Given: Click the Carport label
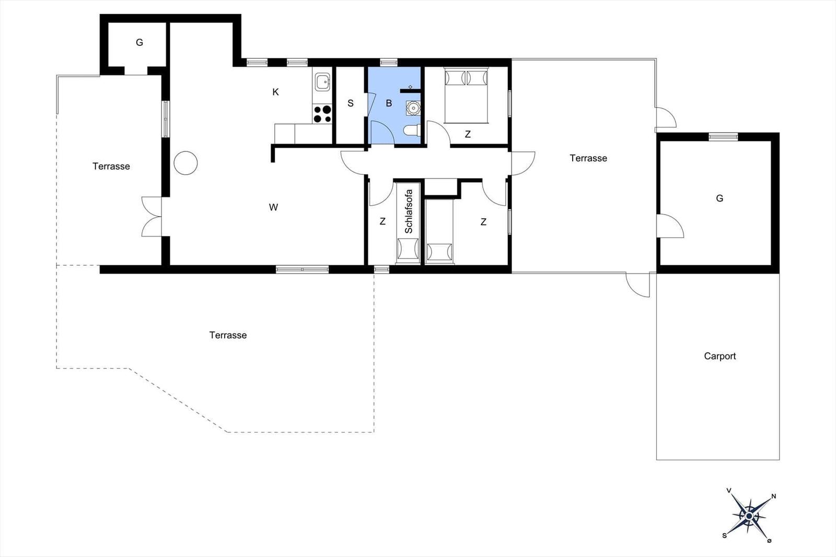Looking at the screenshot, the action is (x=719, y=357).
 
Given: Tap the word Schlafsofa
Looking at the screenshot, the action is (x=409, y=212).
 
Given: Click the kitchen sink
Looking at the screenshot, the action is (x=322, y=81).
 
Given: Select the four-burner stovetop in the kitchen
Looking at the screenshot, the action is (x=322, y=114).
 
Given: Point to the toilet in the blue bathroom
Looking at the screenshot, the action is (x=412, y=131).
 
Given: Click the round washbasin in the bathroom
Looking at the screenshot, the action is (x=413, y=108).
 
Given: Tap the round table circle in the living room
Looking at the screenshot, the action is (x=185, y=163).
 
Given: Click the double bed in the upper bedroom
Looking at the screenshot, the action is (x=466, y=96).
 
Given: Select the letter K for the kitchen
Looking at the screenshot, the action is (x=275, y=92).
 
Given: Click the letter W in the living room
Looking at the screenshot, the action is (x=273, y=207).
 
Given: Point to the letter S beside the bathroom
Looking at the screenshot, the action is (x=351, y=103).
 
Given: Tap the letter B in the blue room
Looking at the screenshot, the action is (x=389, y=103).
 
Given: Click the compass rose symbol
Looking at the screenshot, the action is (x=749, y=516).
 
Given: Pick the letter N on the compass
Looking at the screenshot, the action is (x=774, y=496).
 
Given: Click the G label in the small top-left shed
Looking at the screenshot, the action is (x=139, y=42).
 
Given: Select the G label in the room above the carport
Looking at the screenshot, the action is (x=719, y=198).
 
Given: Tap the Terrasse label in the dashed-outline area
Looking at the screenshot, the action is (x=228, y=335).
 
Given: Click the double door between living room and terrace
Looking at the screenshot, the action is (x=152, y=217).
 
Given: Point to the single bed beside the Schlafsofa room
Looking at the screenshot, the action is (x=439, y=232).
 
